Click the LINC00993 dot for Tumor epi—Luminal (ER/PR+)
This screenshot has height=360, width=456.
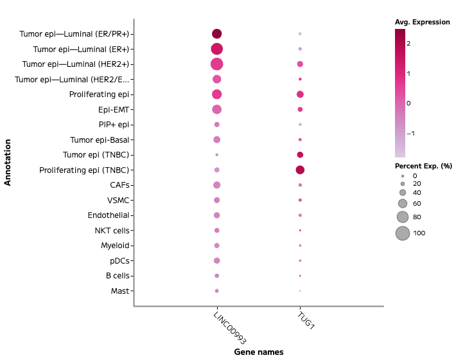(x=216, y=34)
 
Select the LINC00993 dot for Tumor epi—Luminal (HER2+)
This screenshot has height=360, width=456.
(x=216, y=64)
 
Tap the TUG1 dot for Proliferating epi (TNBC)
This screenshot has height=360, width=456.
(x=300, y=170)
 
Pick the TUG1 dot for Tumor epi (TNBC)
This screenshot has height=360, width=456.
(x=300, y=155)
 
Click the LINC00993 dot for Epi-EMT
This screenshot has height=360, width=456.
(x=216, y=109)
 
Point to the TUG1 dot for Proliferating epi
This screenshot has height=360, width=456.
(x=300, y=94)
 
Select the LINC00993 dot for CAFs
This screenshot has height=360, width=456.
(x=216, y=185)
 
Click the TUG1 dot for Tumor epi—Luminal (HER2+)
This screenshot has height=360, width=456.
(x=300, y=64)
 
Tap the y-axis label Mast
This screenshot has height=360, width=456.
(x=117, y=291)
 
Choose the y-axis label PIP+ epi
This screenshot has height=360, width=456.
(x=110, y=125)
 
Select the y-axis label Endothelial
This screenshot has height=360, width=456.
(x=109, y=215)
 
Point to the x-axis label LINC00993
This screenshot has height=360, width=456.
(x=229, y=328)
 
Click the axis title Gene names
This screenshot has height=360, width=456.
(x=258, y=352)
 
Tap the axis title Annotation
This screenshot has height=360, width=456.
(x=8, y=163)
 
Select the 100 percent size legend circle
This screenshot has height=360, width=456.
(x=402, y=233)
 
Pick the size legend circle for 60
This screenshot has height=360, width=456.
(x=402, y=204)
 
